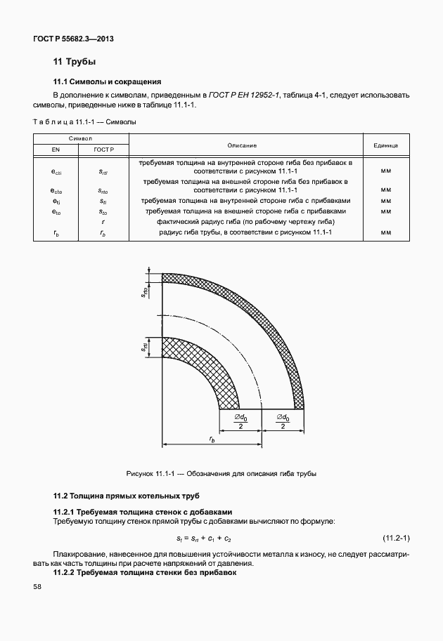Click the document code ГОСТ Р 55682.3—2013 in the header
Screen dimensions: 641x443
tap(73, 39)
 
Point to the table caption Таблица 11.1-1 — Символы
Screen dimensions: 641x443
tap(84, 121)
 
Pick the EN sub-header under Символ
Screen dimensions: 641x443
tap(56, 150)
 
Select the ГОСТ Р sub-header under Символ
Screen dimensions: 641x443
tap(103, 150)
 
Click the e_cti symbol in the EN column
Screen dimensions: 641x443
tap(56, 170)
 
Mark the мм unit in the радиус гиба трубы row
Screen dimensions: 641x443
tap(385, 232)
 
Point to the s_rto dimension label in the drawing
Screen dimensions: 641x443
tap(144, 293)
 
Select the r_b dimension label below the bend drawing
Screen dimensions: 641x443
tap(212, 439)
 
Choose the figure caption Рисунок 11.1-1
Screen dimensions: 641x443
tap(221, 473)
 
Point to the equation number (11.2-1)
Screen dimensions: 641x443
tap(396, 538)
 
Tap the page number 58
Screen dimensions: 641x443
tap(37, 587)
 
